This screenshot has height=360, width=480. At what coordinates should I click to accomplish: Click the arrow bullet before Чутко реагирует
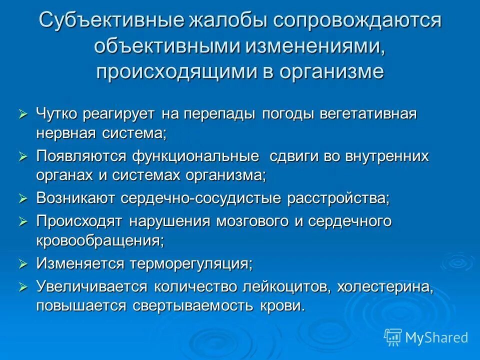(x=23, y=114)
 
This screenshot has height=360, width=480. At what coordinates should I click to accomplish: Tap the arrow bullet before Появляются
(x=23, y=156)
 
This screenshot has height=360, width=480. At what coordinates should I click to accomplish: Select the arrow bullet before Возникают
(x=23, y=198)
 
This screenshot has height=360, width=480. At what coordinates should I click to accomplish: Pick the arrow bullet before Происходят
(x=23, y=221)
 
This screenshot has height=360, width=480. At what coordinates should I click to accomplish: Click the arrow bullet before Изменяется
(x=23, y=263)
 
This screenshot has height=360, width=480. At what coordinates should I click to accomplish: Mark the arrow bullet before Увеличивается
(x=23, y=286)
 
